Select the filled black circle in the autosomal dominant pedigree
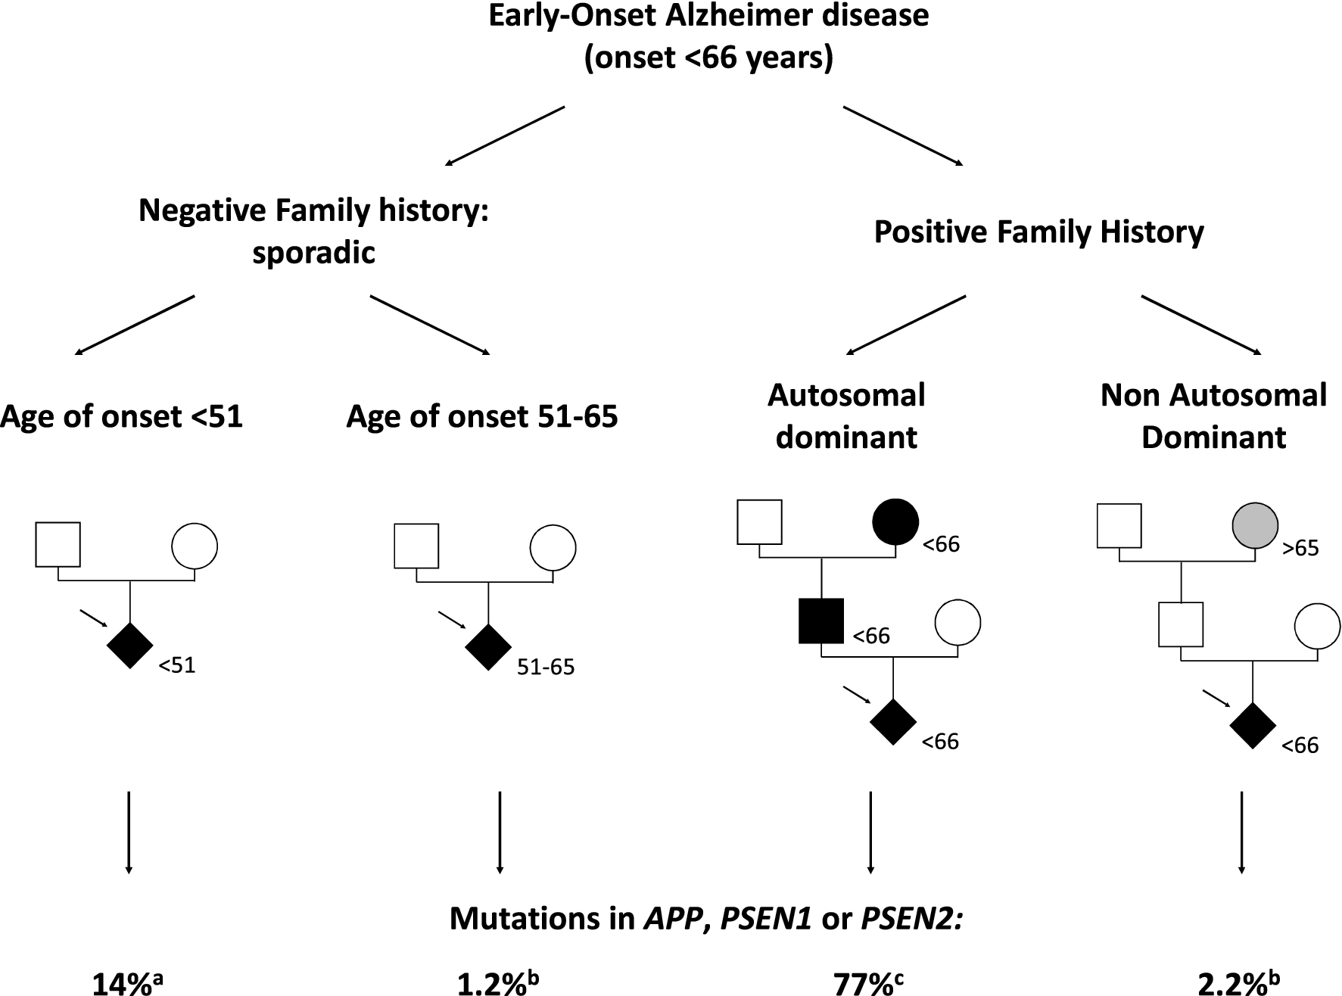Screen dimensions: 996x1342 click(895, 521)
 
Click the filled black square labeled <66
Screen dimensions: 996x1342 click(821, 621)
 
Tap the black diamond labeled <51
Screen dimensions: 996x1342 click(130, 646)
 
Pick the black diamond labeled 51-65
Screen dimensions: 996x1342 click(488, 647)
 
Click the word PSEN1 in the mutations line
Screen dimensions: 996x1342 click(766, 919)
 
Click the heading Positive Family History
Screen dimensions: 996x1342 click(1038, 232)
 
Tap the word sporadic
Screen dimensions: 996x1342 click(313, 252)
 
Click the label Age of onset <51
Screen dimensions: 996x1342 click(121, 416)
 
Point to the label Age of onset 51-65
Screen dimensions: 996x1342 click(482, 416)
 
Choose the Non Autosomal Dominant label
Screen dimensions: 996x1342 click(1213, 416)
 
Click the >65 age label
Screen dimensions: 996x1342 click(1300, 548)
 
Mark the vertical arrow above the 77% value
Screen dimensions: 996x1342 click(870, 833)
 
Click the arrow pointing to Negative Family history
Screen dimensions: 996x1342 click(505, 135)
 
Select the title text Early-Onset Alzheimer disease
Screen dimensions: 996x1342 click(708, 15)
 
